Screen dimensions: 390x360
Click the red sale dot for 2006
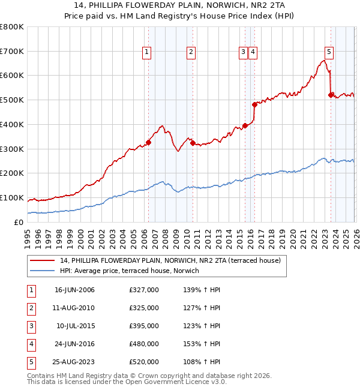pos(148,142)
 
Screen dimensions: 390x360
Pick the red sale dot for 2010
pos(193,143)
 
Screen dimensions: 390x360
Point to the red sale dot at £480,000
pos(254,104)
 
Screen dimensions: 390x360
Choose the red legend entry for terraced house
pos(166,260)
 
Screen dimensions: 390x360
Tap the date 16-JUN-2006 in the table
pos(74,290)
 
